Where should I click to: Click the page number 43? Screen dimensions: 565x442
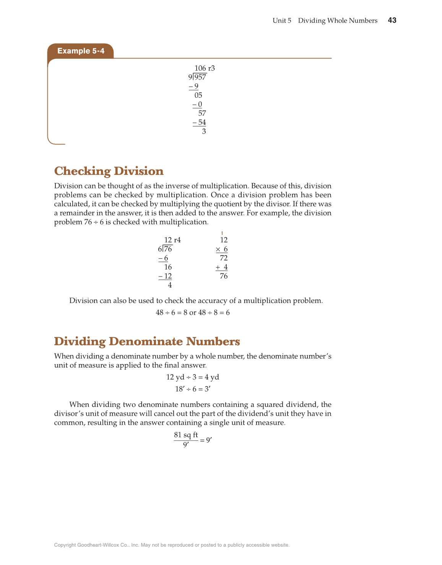(392, 21)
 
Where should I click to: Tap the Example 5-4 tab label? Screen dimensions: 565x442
(81, 51)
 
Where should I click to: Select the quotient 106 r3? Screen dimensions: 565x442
(205, 68)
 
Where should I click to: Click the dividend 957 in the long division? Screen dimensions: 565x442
(200, 77)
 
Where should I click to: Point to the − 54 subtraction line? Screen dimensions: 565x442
(199, 123)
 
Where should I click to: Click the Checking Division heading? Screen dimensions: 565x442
(109, 171)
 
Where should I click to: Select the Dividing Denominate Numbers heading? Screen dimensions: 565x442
(147, 342)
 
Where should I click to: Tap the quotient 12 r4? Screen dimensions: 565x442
(172, 240)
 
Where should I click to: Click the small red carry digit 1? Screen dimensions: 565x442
(222, 233)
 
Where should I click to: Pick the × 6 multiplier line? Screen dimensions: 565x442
(222, 249)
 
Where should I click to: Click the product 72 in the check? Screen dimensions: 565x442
(224, 258)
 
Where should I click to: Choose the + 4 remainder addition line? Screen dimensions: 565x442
(222, 267)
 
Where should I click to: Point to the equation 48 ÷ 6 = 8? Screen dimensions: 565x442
(171, 313)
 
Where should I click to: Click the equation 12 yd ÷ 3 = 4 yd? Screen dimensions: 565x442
(193, 377)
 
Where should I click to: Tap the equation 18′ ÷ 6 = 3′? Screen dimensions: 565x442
(193, 389)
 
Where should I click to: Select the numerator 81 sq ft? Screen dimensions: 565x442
(186, 435)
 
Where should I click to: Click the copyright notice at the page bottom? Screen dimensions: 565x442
(172, 545)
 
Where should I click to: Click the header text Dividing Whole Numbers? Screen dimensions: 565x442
(338, 21)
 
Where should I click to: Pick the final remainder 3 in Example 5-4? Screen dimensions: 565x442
(204, 131)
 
